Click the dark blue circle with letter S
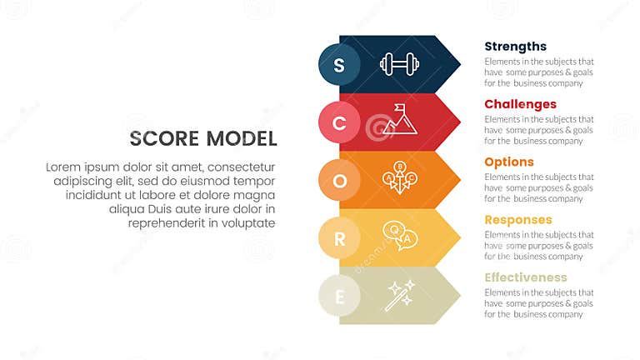pyautogui.click(x=339, y=65)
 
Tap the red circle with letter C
pyautogui.click(x=339, y=122)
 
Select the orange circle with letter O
pyautogui.click(x=339, y=180)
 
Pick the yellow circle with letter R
pyautogui.click(x=339, y=238)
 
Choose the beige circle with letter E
pyautogui.click(x=339, y=296)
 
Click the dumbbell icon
pyautogui.click(x=399, y=64)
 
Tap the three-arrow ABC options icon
pyautogui.click(x=399, y=178)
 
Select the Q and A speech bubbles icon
pyautogui.click(x=397, y=236)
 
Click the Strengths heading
pyautogui.click(x=515, y=47)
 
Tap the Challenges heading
pyautogui.click(x=520, y=104)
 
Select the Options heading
pyautogui.click(x=509, y=162)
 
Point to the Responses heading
pyautogui.click(x=517, y=220)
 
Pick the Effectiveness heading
pyautogui.click(x=525, y=277)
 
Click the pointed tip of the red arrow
pyautogui.click(x=460, y=122)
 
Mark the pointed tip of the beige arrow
pyautogui.click(x=460, y=295)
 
